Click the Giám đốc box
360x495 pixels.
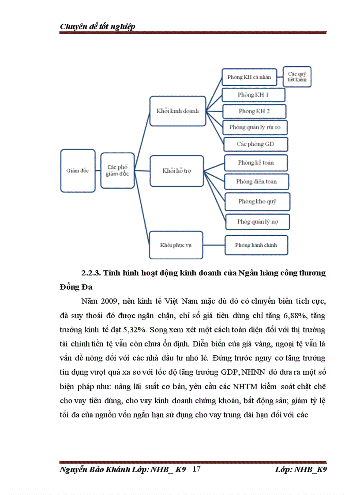78,171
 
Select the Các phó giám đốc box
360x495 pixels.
117,171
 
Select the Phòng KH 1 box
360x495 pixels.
253,95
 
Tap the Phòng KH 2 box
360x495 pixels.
254,111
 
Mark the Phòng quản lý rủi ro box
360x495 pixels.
255,127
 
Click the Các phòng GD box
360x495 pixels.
255,144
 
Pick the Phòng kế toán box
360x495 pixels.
256,163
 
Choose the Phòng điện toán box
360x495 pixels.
256,181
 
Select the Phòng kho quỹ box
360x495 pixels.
257,201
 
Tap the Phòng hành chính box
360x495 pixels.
256,245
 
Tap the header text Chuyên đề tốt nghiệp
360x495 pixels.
97,26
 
